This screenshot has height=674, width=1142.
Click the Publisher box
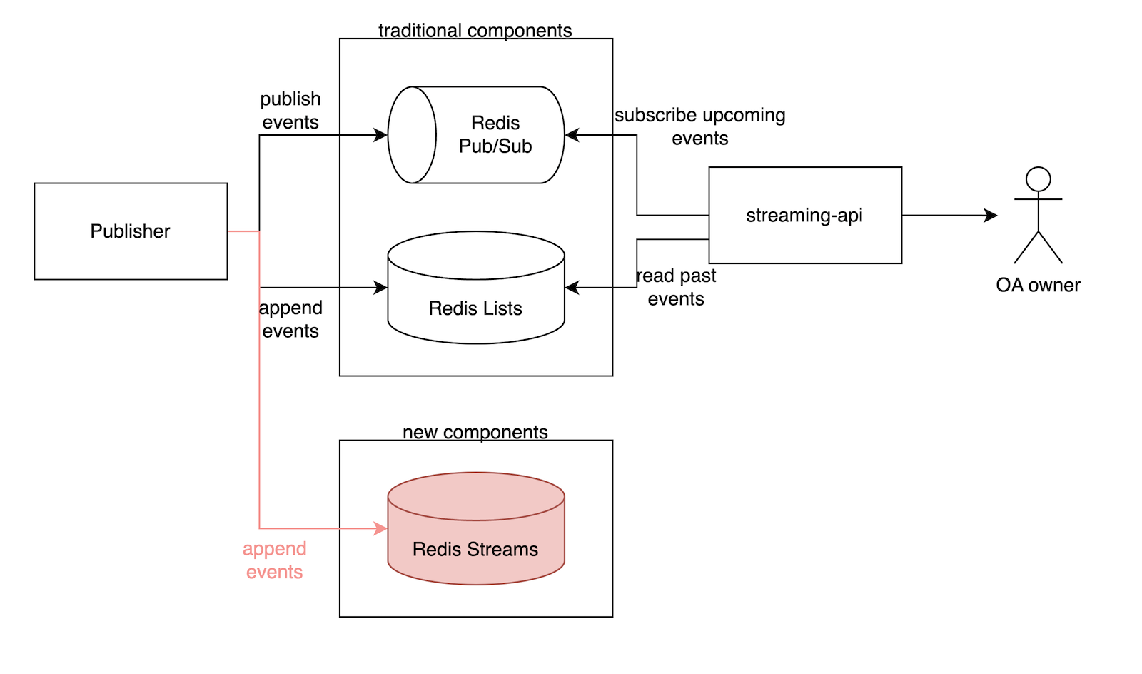tap(131, 231)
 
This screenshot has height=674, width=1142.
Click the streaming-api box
tap(805, 216)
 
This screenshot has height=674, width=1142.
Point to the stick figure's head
tap(1039, 179)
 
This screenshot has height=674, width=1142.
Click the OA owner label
tap(1038, 286)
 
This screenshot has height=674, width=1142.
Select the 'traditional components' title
tap(475, 31)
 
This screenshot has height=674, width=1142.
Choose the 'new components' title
tap(475, 432)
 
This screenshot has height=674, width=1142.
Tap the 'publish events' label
tap(290, 111)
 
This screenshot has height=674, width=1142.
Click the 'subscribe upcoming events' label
tap(700, 126)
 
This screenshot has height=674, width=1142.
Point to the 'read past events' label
tap(676, 287)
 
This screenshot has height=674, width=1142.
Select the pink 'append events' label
tap(275, 560)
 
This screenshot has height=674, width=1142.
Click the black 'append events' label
tap(290, 319)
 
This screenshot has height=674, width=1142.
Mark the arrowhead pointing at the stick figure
tap(991, 216)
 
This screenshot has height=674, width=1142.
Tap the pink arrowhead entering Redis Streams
tap(381, 529)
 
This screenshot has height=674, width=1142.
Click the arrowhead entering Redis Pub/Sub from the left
tap(381, 135)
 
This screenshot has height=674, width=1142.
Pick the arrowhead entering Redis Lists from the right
tap(572, 288)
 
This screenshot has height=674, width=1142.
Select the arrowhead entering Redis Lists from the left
tap(381, 288)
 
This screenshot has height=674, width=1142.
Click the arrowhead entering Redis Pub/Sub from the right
tap(572, 135)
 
